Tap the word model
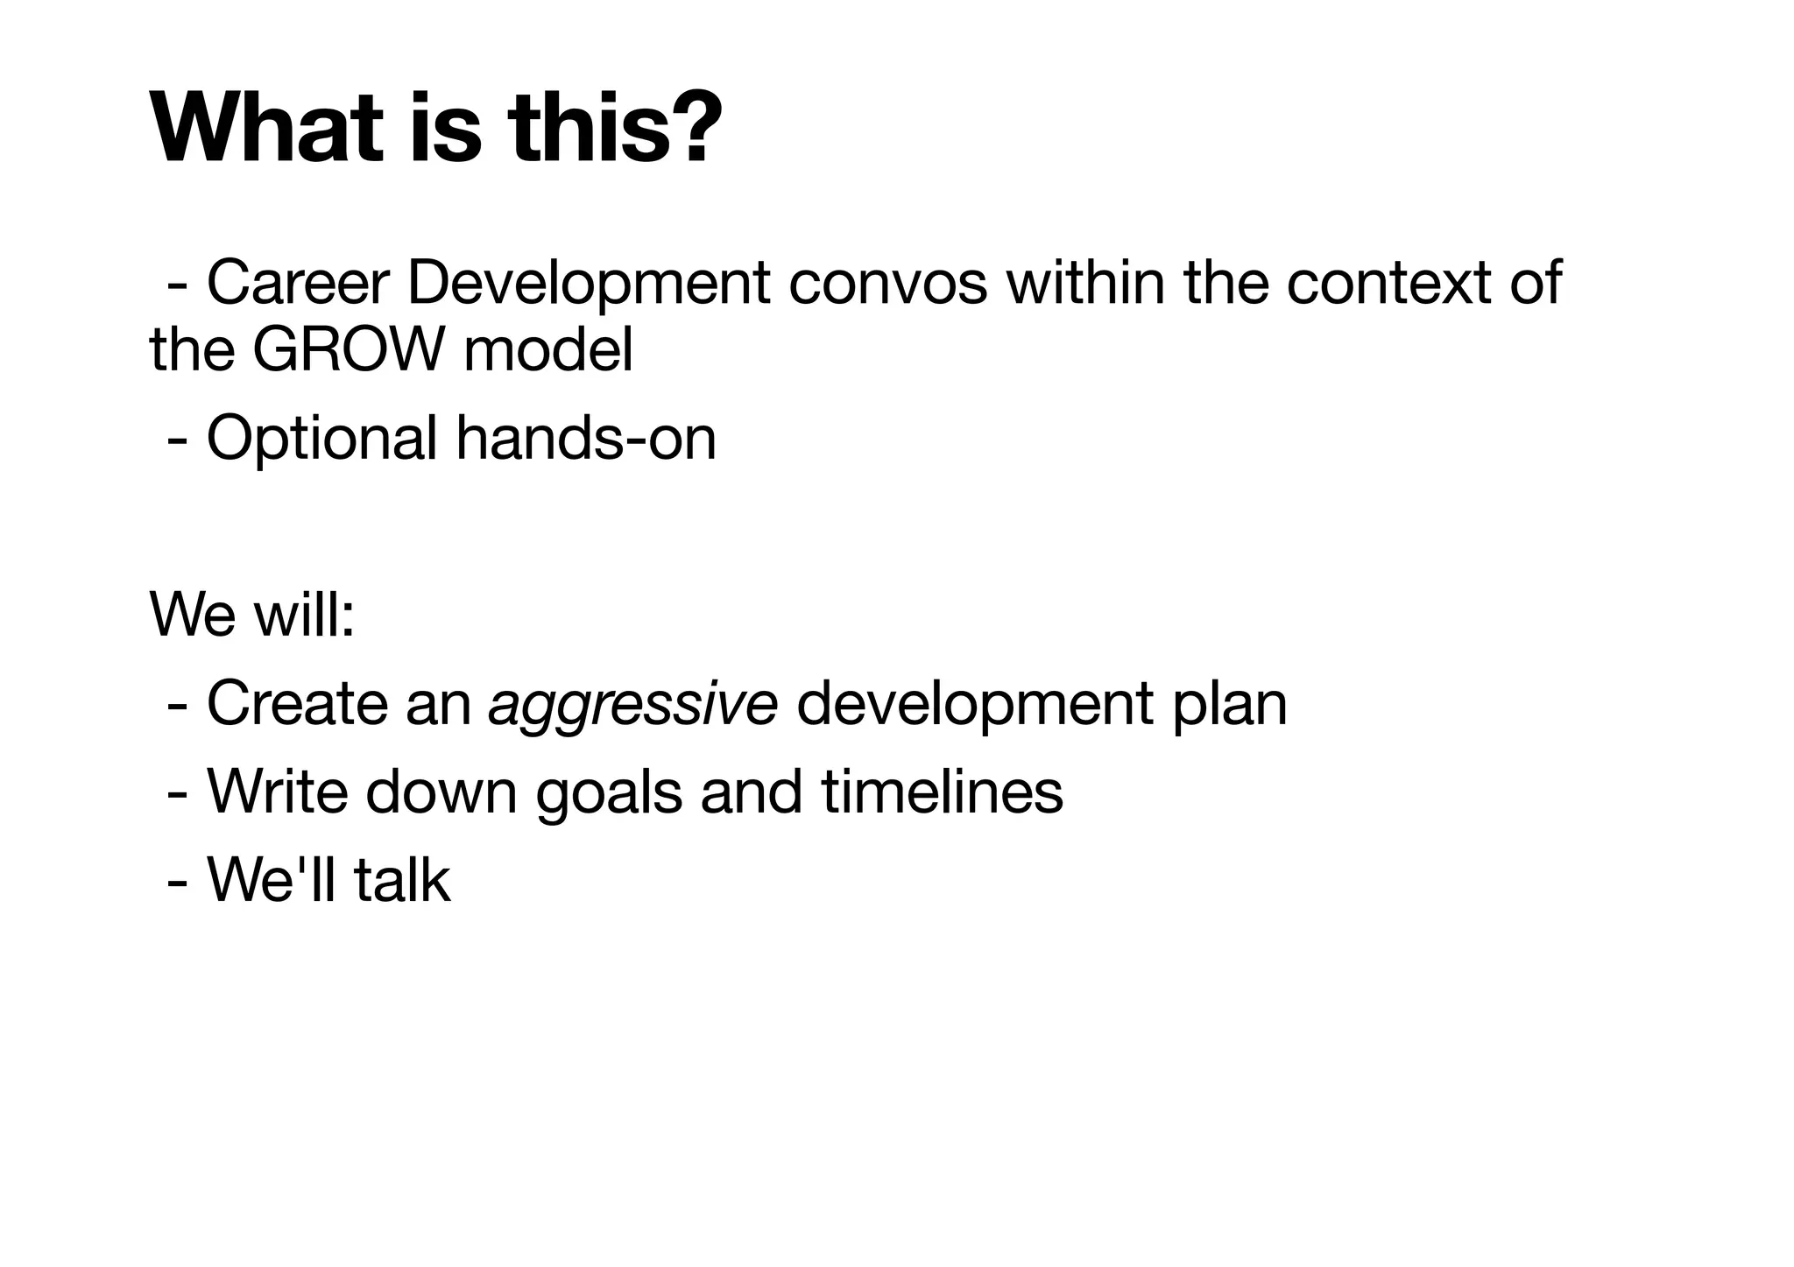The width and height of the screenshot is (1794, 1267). [x=547, y=350]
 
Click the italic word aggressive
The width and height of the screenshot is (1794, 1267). [x=632, y=706]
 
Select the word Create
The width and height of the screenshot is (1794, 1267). [x=297, y=704]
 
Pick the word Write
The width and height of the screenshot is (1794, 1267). [x=277, y=792]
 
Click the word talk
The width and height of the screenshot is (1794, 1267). [x=402, y=880]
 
